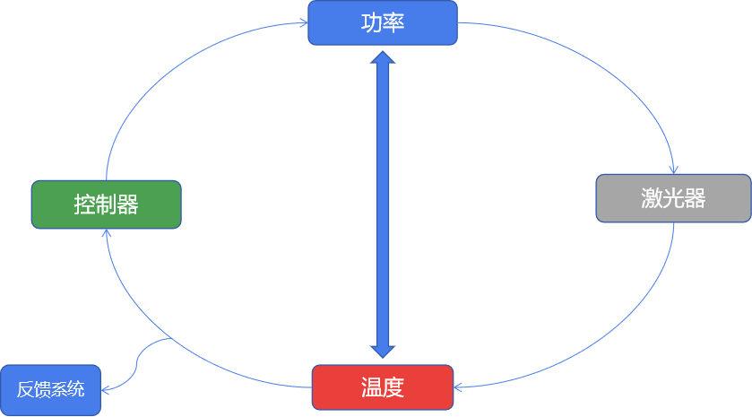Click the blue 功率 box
(x=383, y=22)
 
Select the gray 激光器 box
(x=673, y=198)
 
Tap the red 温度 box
(x=383, y=387)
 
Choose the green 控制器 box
(x=106, y=204)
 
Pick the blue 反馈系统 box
(x=50, y=390)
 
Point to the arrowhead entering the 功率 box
(x=303, y=24)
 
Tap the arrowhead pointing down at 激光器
(x=673, y=169)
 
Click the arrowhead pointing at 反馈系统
(x=107, y=390)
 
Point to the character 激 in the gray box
(x=652, y=198)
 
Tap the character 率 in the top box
(x=393, y=22)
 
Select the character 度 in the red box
(x=393, y=387)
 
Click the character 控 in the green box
(x=84, y=204)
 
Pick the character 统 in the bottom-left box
(x=77, y=390)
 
